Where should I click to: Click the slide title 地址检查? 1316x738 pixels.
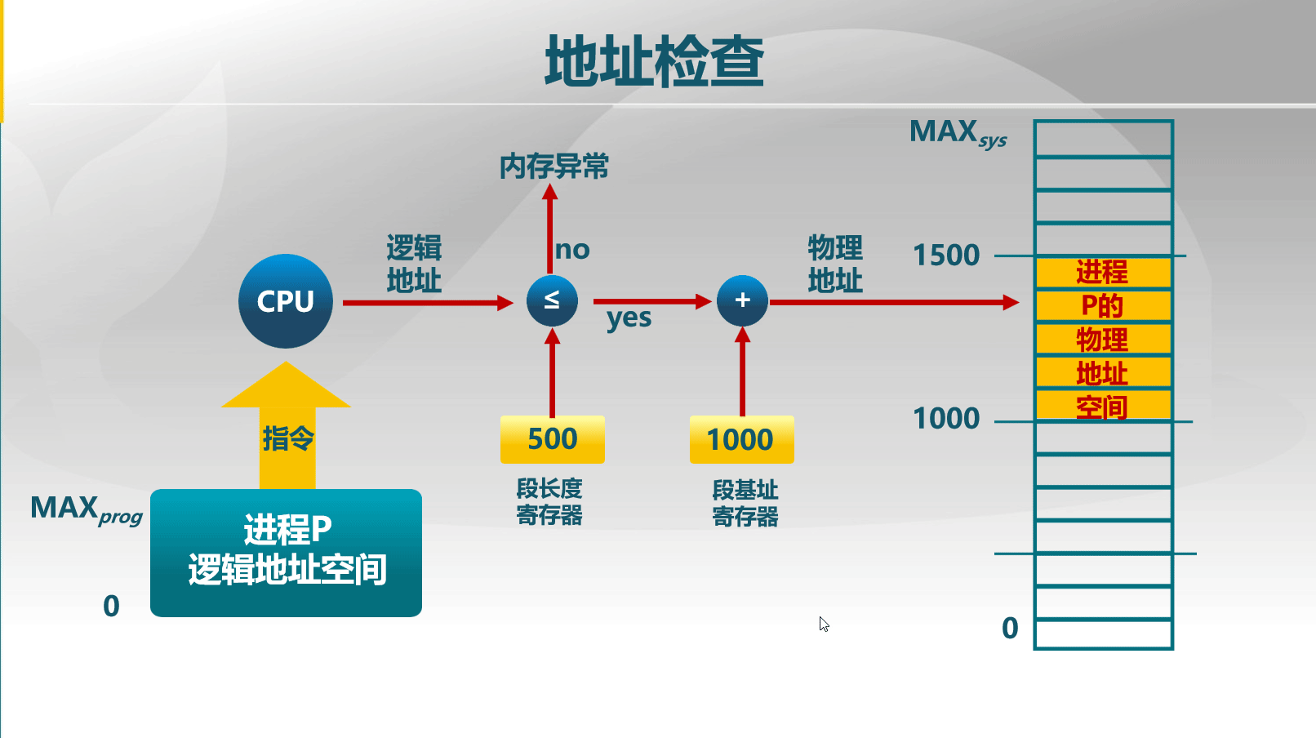point(654,61)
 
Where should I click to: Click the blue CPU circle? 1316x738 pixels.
point(286,301)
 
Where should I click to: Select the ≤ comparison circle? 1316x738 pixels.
point(552,300)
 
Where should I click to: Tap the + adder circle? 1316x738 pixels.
point(742,300)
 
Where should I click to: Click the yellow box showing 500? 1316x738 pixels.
point(552,439)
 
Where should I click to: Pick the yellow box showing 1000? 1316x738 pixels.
point(741,440)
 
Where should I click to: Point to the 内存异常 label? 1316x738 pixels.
point(554,167)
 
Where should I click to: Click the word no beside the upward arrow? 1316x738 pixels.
point(572,250)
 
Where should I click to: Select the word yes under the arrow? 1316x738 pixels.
point(629,318)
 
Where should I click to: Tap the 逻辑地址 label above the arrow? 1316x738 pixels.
point(414,264)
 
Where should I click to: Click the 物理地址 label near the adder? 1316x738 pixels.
point(835,264)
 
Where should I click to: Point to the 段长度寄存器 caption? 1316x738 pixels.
point(549,502)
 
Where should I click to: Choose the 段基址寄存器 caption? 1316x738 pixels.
point(745,503)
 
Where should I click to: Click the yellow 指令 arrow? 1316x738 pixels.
point(287,433)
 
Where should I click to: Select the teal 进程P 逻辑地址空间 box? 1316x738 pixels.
point(286,553)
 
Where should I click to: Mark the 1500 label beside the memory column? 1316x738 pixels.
point(946,256)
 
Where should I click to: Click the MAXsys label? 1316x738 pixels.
point(958,133)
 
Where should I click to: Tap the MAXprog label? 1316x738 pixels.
point(86,509)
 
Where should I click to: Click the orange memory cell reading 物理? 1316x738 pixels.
point(1103,340)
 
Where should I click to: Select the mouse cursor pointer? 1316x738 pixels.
point(824,624)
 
